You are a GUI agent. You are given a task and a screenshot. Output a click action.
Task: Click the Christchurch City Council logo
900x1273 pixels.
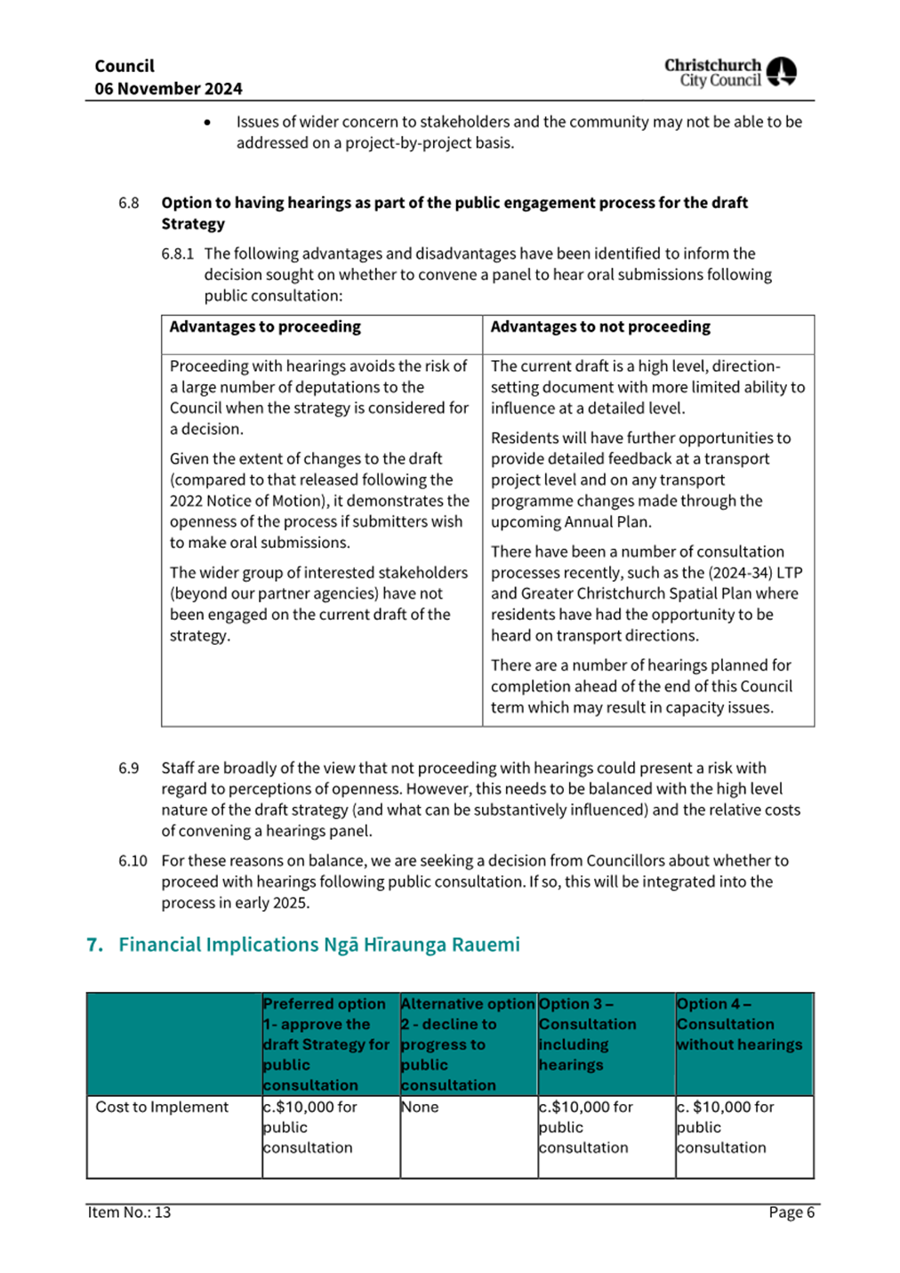(x=730, y=72)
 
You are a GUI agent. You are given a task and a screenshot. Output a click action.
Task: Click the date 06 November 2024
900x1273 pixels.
(x=168, y=89)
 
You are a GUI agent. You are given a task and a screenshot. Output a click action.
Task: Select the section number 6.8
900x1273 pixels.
(x=129, y=203)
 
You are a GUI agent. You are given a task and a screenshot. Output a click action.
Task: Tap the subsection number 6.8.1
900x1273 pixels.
(x=177, y=254)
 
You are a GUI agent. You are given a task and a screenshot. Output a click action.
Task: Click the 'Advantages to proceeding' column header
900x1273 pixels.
(x=265, y=326)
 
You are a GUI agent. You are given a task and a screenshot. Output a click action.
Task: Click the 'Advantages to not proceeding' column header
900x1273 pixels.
(x=600, y=326)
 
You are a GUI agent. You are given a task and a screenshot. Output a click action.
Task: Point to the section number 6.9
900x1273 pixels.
(x=129, y=768)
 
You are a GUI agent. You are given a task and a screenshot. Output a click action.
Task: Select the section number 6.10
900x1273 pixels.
(x=133, y=860)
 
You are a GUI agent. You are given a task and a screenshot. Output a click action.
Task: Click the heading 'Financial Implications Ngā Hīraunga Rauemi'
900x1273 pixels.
(x=318, y=945)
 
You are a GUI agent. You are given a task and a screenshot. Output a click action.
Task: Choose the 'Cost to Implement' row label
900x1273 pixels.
(x=162, y=1107)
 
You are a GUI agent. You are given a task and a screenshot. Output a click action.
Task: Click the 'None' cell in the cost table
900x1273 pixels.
(x=420, y=1107)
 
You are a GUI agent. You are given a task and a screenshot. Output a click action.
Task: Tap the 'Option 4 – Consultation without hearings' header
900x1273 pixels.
(x=739, y=1024)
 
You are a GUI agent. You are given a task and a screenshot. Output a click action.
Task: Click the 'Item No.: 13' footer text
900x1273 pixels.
(x=129, y=1212)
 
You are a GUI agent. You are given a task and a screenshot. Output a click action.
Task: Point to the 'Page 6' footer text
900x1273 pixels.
(x=792, y=1213)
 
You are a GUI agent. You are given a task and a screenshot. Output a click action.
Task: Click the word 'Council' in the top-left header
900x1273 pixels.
(x=125, y=66)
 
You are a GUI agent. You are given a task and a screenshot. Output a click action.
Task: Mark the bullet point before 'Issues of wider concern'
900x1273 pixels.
(x=207, y=123)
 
